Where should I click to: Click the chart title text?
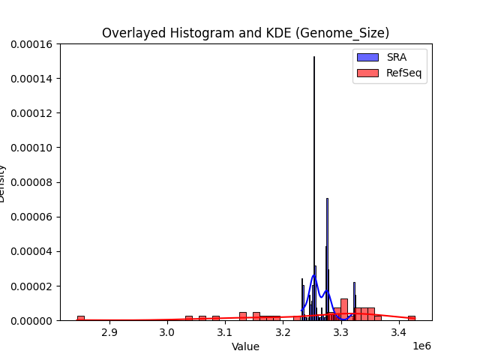coord(245,33)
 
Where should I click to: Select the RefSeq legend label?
coord(403,73)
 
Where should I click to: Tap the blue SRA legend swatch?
coord(367,57)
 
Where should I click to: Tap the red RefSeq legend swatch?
coord(367,73)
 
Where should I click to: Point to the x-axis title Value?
coord(245,346)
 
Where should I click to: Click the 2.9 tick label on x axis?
coord(109,331)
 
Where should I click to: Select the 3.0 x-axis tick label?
coord(166,331)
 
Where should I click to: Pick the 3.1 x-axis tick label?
coord(225,331)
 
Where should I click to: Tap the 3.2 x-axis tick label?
coord(283,331)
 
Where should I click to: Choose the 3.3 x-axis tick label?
coord(341,331)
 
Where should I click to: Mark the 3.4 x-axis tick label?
coord(399,331)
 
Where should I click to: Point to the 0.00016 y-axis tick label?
coord(31,44)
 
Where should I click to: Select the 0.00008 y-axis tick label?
coord(31,182)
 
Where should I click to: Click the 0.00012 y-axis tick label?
coord(31,113)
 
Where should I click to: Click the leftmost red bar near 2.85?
coord(80,318)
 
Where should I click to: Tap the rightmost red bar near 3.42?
coord(411,318)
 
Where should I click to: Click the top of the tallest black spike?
coord(313,58)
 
